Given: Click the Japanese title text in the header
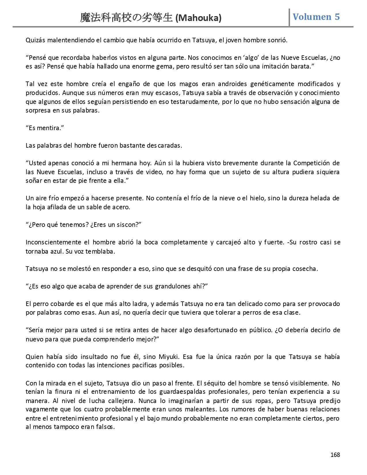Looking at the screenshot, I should [127, 18].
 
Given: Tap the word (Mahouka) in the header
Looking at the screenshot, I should [198, 18].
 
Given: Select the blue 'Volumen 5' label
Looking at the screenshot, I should [316, 17].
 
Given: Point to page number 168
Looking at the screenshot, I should [335, 455].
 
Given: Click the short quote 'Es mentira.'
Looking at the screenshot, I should [45, 128].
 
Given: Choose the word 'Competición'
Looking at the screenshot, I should [311, 163].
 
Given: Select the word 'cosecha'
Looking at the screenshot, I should [307, 269].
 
